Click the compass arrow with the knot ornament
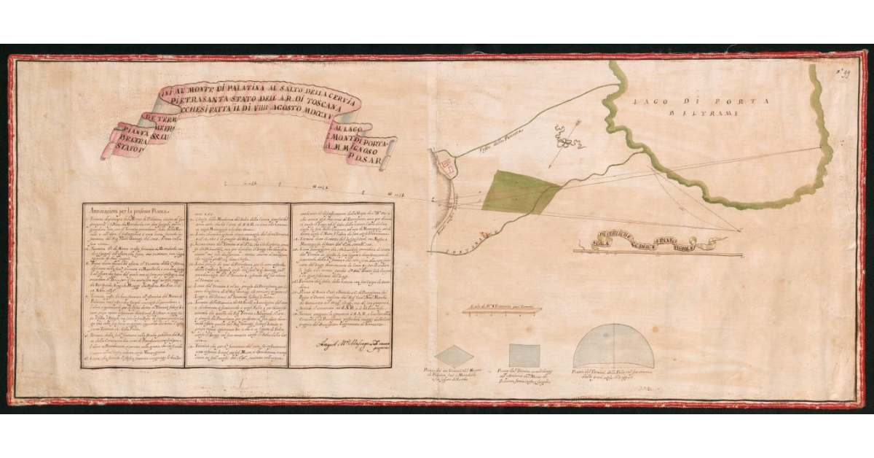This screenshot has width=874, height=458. click(563, 136)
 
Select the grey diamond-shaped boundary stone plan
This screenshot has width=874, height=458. click(454, 355)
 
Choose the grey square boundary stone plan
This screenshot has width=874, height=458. click(524, 354)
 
